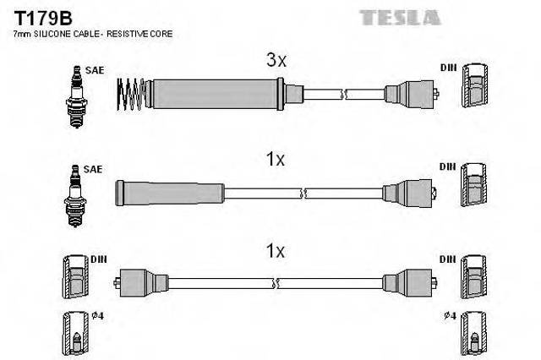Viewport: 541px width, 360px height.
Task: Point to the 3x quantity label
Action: point(276,60)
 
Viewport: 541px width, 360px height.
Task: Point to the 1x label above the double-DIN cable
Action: point(276,251)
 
